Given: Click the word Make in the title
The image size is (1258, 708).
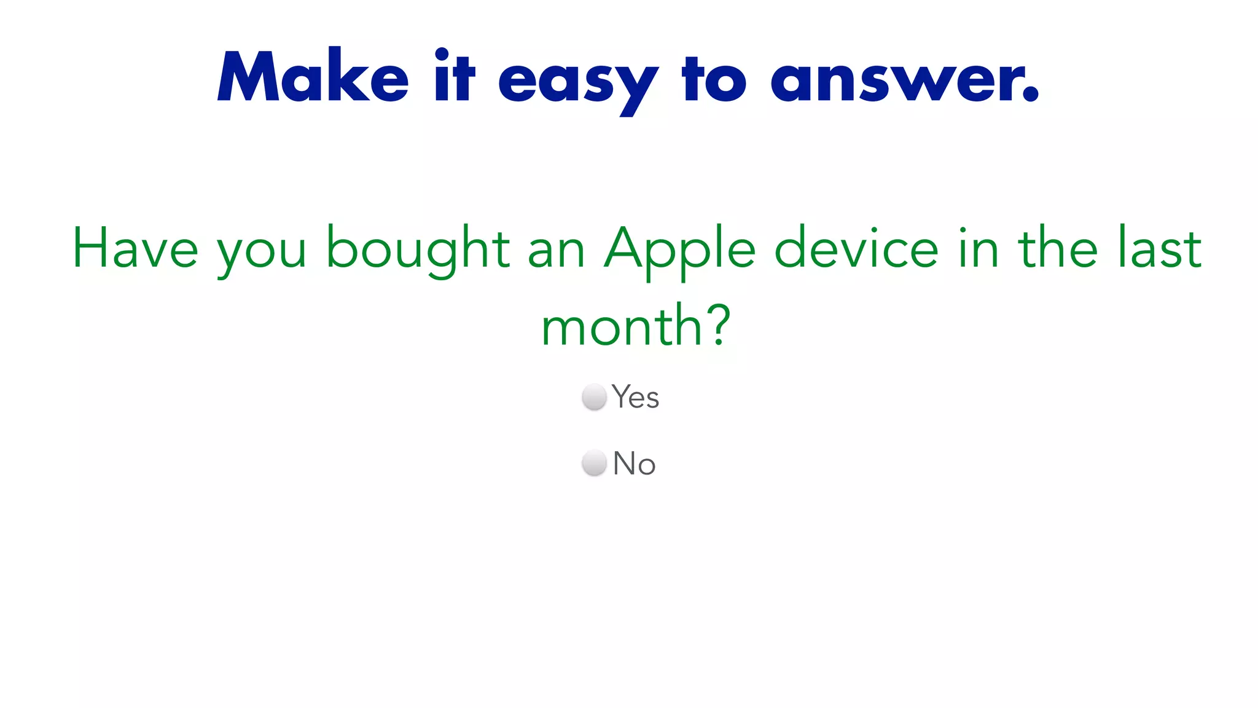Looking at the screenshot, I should tap(313, 77).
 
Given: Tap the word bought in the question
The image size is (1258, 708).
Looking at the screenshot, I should tap(418, 249).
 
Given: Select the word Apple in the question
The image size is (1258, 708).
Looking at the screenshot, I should tap(679, 249).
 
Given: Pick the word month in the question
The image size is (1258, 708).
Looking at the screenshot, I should tap(621, 326).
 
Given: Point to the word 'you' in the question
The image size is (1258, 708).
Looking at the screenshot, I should tap(262, 252).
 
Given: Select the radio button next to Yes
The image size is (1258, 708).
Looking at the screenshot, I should tap(594, 397).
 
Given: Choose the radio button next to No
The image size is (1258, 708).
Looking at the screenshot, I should tap(594, 463).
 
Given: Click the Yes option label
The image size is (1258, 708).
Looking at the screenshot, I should tap(635, 397).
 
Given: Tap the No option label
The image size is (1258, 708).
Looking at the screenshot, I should tap(634, 463).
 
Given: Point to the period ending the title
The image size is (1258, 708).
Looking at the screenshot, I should tap(1031, 95).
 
